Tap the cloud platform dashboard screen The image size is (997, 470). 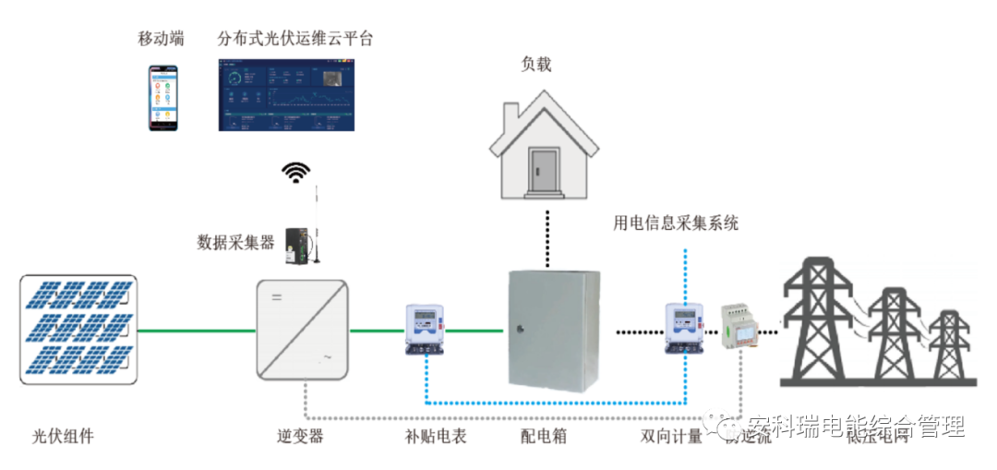point(285,95)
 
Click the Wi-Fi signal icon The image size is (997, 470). point(296,172)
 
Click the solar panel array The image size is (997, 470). point(78,330)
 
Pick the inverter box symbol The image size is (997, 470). point(302,329)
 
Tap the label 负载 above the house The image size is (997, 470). point(536,64)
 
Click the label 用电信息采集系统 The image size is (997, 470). point(676,223)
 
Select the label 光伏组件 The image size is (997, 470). point(63,436)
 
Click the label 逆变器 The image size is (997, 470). point(300,436)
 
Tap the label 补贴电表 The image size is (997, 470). point(435,436)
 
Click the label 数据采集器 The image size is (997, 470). point(235,242)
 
